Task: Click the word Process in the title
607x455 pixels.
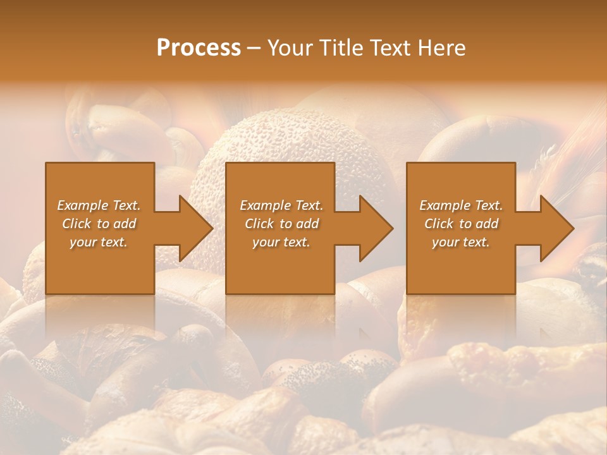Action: point(199,48)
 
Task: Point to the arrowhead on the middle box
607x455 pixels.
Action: point(374,228)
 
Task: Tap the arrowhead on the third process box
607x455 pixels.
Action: point(556,228)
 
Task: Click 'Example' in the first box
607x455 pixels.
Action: point(83,205)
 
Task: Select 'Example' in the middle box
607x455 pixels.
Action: point(266,205)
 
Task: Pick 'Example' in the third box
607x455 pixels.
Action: point(445,205)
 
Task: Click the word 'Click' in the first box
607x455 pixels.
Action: point(77,224)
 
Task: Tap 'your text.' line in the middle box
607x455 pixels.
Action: point(281,242)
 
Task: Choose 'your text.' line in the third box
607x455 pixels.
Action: point(461,242)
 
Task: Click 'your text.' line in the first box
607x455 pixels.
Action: point(99,242)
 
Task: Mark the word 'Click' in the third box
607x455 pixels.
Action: point(439,224)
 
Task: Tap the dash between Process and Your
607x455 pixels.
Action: point(254,48)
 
